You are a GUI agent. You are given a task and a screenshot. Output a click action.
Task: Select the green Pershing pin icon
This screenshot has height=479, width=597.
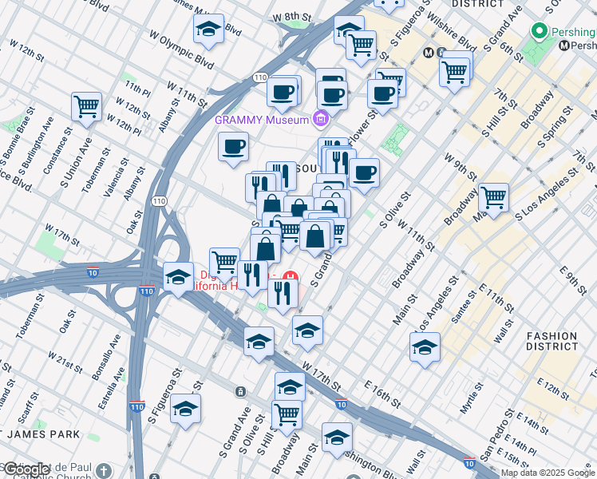point(540,32)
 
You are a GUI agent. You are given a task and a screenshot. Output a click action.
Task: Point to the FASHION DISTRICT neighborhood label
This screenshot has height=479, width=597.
point(552,341)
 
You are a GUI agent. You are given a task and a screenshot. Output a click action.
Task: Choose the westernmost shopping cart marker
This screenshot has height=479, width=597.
point(86,106)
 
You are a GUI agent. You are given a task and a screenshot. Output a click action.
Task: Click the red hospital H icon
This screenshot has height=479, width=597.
point(291,278)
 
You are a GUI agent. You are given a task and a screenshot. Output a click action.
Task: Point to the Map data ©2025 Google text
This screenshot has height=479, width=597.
point(548,473)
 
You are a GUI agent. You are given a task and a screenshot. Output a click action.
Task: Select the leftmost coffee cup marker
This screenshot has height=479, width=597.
point(234,146)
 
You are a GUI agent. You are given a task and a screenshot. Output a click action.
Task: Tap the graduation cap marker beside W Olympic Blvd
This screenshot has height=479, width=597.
point(208,30)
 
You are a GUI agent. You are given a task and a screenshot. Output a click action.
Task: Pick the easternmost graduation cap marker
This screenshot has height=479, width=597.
point(425,346)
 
